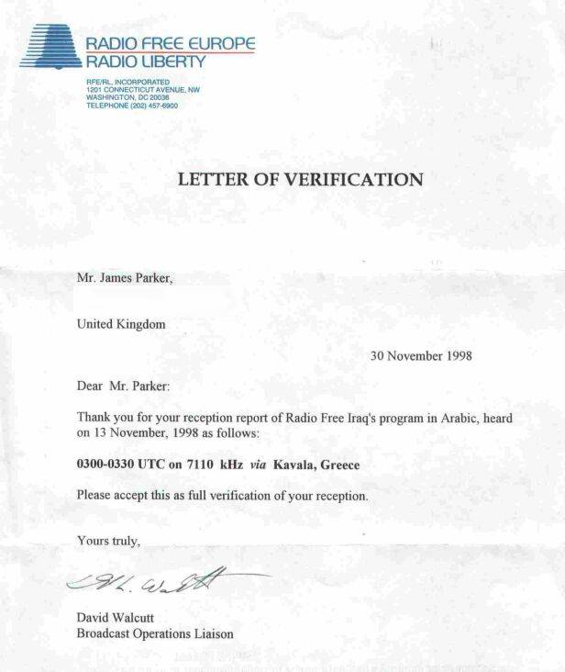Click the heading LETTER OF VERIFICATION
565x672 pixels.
(x=300, y=180)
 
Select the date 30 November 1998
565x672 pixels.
(x=421, y=355)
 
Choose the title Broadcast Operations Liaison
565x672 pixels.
(x=155, y=633)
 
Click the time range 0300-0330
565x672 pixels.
(x=110, y=465)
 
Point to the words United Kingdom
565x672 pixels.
(x=121, y=323)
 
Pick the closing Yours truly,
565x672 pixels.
(x=108, y=540)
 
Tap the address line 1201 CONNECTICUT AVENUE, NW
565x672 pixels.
(x=142, y=90)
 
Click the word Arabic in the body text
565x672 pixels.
(x=429, y=418)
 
